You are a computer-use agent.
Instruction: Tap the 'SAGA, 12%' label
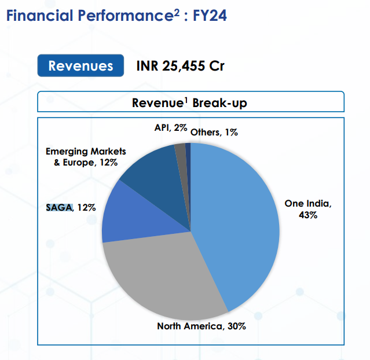70,207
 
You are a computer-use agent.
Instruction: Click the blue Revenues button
80,66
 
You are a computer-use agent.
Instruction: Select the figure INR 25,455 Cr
180,66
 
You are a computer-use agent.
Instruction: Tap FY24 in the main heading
207,16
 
